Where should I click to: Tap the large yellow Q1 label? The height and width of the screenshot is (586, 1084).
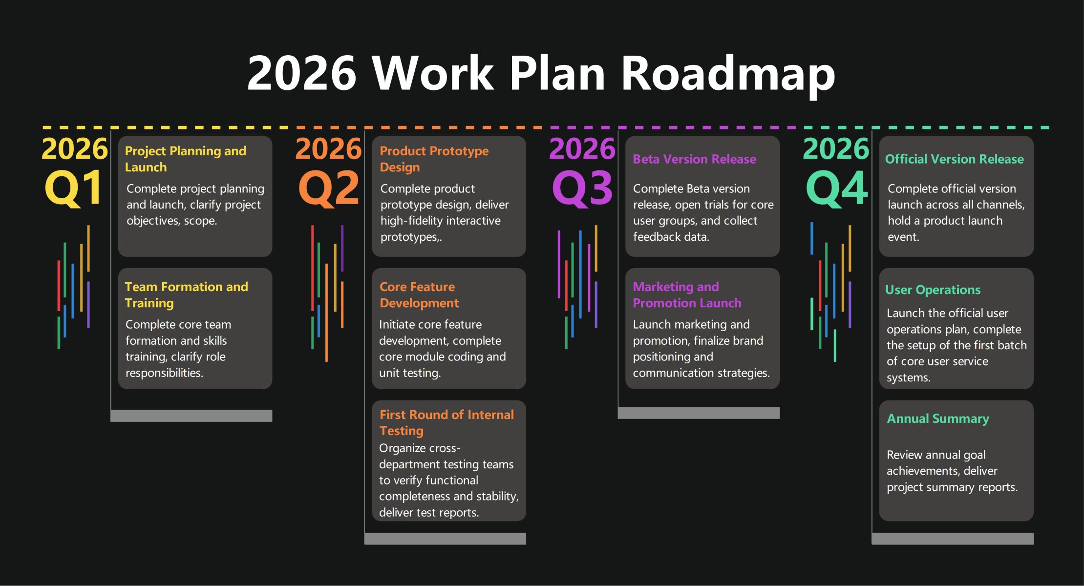74,188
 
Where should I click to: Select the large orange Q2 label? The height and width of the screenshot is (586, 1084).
328,188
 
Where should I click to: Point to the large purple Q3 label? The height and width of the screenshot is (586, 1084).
582,188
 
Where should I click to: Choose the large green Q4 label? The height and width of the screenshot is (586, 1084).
836,188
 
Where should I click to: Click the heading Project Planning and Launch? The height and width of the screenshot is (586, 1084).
185,159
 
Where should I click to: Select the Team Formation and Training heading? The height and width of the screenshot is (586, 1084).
186,294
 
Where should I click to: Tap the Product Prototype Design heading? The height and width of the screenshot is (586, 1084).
434,159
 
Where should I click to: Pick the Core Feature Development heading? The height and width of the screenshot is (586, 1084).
419,294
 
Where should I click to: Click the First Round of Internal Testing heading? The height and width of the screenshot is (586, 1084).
446,422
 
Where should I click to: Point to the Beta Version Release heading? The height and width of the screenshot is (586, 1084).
694,159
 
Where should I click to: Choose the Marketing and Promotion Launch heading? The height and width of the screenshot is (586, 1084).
687,294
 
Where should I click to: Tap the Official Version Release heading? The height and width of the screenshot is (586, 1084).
954,159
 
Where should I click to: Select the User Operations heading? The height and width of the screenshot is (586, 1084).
933,290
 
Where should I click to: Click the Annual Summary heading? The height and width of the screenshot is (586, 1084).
937,419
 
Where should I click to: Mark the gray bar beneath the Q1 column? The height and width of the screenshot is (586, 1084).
191,416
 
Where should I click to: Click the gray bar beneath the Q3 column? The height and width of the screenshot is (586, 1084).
699,413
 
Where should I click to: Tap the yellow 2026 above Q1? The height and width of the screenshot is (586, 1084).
74,148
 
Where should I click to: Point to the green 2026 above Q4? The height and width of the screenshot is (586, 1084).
836,148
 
